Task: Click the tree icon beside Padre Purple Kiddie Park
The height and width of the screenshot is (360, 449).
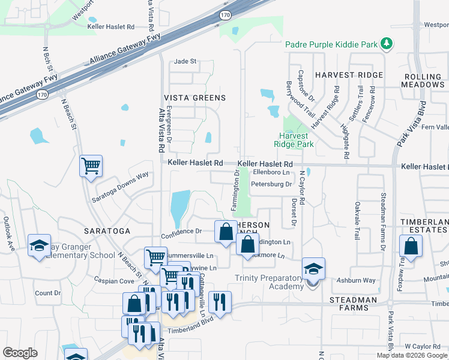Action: point(387,44)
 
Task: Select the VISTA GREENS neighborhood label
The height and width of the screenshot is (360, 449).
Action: point(195,98)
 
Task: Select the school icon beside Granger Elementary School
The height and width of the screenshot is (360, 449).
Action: point(40,245)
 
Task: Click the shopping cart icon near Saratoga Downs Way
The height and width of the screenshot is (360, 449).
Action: point(91,165)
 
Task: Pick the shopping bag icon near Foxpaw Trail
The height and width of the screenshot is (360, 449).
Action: point(411,245)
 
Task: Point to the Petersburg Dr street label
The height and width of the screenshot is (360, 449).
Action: point(271,184)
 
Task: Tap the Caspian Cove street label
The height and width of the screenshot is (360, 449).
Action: point(113,281)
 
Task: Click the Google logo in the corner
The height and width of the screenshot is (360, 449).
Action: point(20,353)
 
